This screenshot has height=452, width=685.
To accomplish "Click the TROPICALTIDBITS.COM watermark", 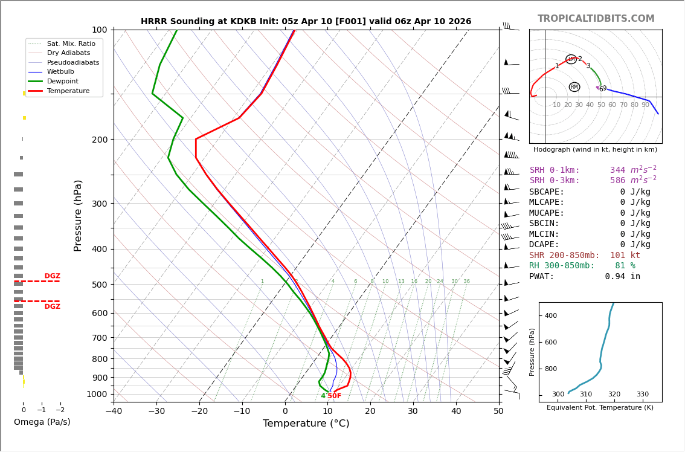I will (x=596, y=19).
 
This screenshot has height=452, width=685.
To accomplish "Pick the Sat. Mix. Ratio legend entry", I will (x=71, y=44).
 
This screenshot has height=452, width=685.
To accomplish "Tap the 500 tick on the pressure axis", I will (x=100, y=285).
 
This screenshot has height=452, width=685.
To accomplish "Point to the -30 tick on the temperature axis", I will (x=156, y=412).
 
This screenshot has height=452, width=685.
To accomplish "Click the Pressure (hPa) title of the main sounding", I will (x=78, y=215).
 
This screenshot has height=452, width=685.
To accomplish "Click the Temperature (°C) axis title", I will (x=306, y=424).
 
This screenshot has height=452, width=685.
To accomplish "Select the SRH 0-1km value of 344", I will (x=617, y=170).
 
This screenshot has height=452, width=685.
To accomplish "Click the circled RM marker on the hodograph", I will (x=574, y=87).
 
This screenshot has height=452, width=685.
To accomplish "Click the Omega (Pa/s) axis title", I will (x=42, y=422).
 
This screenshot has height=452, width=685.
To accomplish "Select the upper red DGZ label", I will (x=52, y=276).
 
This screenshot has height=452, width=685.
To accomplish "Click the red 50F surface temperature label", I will (x=334, y=396).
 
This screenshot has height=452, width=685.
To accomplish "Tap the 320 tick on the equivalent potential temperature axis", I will (x=614, y=395).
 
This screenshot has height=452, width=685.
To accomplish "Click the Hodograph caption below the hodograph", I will (x=595, y=150).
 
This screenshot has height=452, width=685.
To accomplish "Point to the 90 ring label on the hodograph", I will (x=645, y=105).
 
